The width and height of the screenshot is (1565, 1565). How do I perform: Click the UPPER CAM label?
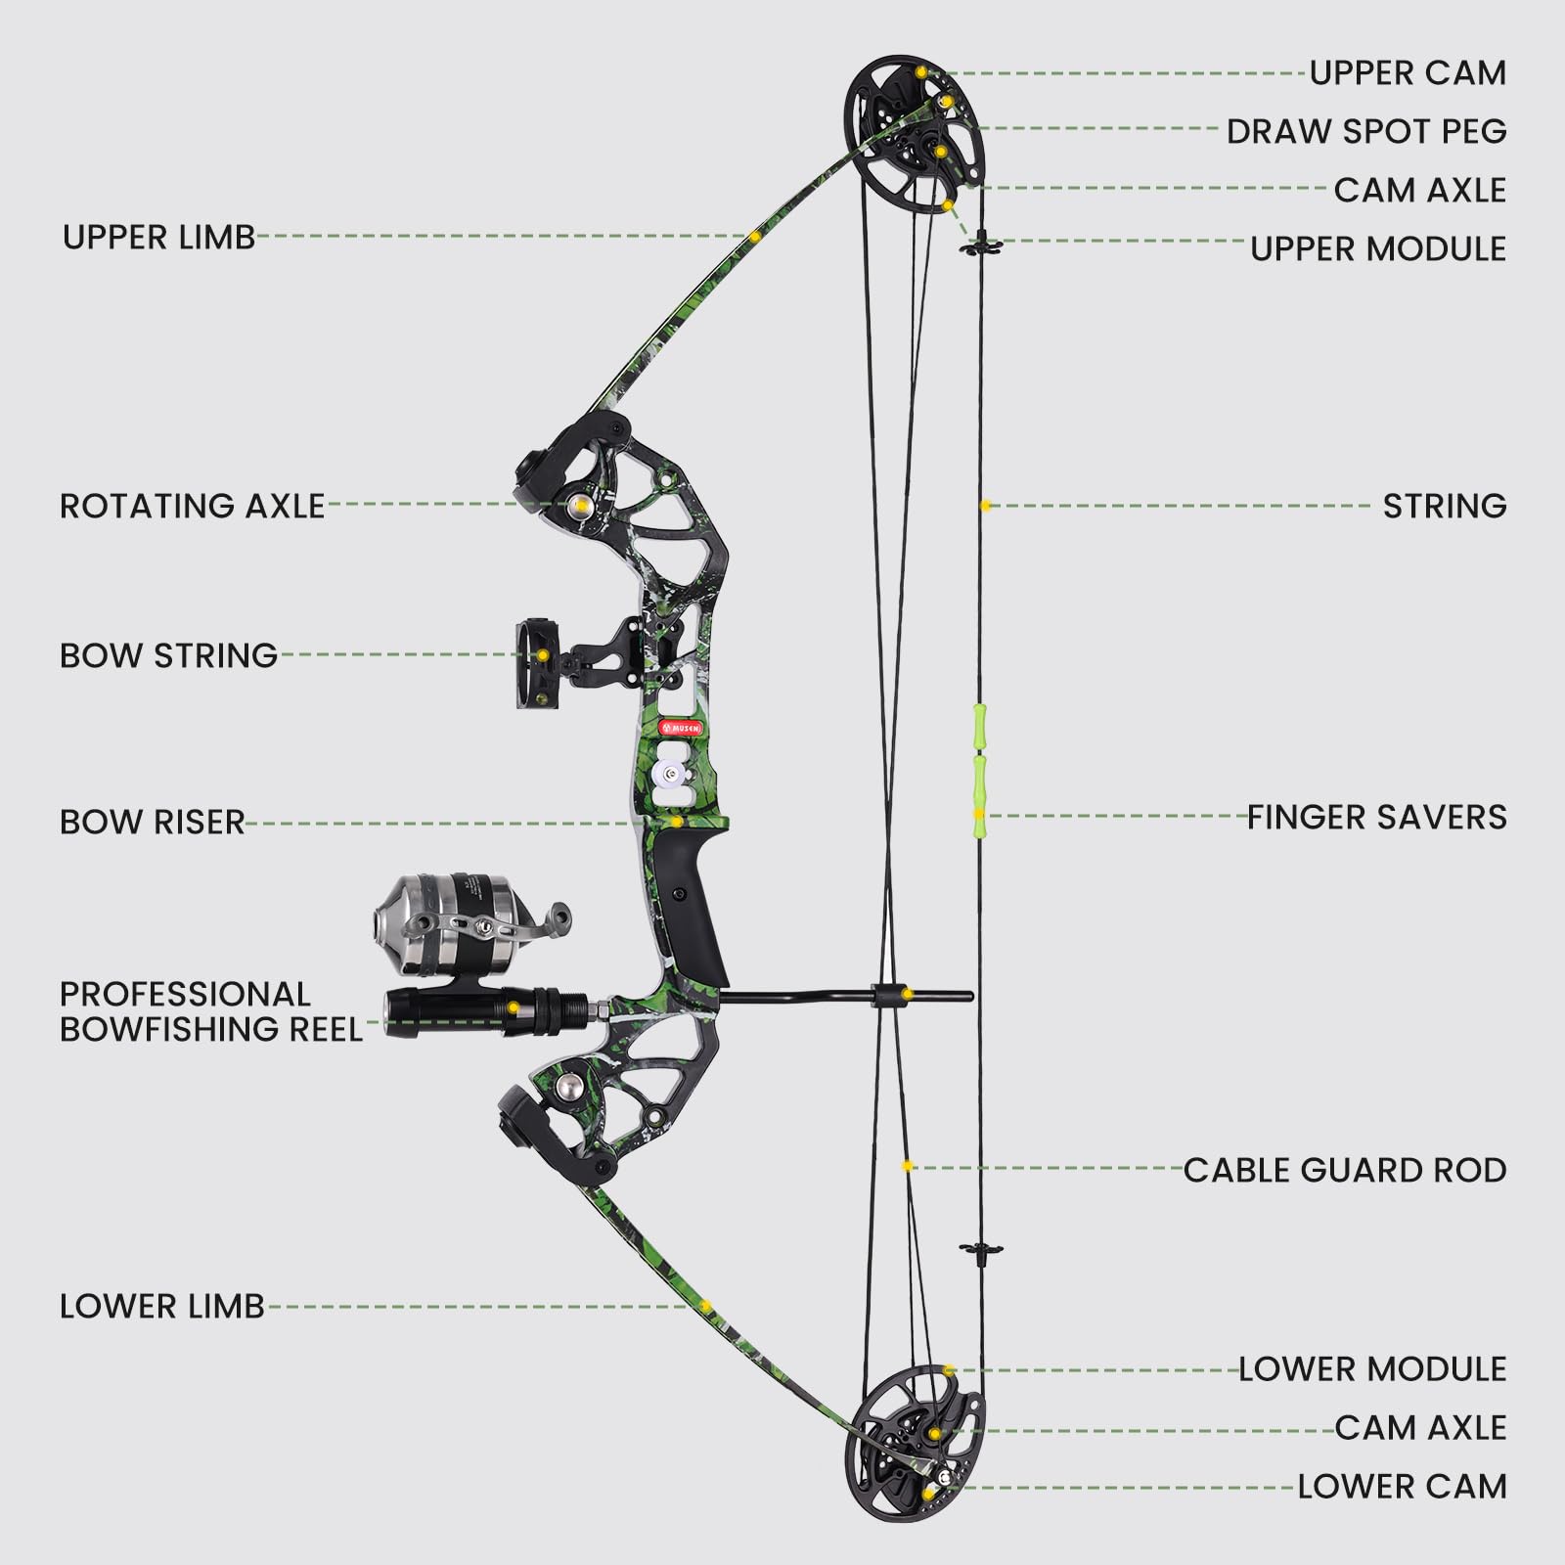1407,73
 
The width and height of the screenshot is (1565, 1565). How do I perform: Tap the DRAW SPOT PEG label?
1365,131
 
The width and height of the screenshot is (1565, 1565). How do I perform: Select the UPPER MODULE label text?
1377,249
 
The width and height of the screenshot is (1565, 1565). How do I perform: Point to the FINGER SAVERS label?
1376,818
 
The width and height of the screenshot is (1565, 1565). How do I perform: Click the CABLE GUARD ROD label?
1344,1171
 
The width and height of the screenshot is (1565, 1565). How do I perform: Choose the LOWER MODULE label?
1371,1369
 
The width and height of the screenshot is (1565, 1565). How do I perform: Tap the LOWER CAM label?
1401,1487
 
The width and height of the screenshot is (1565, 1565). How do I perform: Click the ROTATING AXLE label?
192,506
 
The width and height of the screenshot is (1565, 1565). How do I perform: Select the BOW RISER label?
152,823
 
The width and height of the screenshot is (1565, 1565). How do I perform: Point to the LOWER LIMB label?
162,1307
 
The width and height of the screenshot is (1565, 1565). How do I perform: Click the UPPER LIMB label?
158,237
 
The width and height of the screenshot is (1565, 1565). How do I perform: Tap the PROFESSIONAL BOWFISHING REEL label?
210,1011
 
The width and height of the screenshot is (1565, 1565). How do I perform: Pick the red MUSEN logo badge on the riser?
679,729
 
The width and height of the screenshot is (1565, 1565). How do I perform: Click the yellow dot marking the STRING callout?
986,506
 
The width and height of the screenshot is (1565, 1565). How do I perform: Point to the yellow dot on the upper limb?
755,237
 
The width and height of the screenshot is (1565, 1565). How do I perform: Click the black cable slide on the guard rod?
886,995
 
